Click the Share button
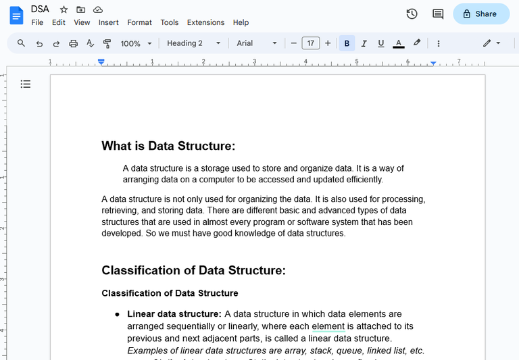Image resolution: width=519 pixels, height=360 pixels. pyautogui.click(x=481, y=14)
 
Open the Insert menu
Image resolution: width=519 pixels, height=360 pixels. pyautogui.click(x=108, y=22)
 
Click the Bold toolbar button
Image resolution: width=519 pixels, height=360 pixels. pyautogui.click(x=347, y=43)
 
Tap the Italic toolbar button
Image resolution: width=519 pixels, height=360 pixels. pyautogui.click(x=364, y=43)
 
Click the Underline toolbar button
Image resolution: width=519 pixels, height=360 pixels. pyautogui.click(x=381, y=43)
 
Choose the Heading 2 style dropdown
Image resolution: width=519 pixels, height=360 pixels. pyautogui.click(x=193, y=43)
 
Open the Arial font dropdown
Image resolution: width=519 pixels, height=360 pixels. pyautogui.click(x=256, y=43)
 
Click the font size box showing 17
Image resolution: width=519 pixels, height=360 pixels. pyautogui.click(x=310, y=43)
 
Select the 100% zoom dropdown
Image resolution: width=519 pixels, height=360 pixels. pyautogui.click(x=135, y=43)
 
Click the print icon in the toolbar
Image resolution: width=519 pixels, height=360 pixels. pyautogui.click(x=73, y=43)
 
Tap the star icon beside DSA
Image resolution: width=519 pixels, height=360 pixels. pyautogui.click(x=64, y=9)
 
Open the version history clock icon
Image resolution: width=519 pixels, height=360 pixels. pyautogui.click(x=412, y=14)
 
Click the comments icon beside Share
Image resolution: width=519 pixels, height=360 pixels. pyautogui.click(x=438, y=14)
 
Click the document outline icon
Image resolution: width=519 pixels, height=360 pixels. pyautogui.click(x=26, y=84)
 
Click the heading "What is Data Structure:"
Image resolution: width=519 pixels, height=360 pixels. pyautogui.click(x=168, y=147)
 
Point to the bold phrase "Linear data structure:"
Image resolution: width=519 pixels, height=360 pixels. pyautogui.click(x=174, y=314)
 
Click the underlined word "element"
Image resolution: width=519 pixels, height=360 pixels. pyautogui.click(x=328, y=326)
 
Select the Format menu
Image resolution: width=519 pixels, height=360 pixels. pyautogui.click(x=139, y=22)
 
